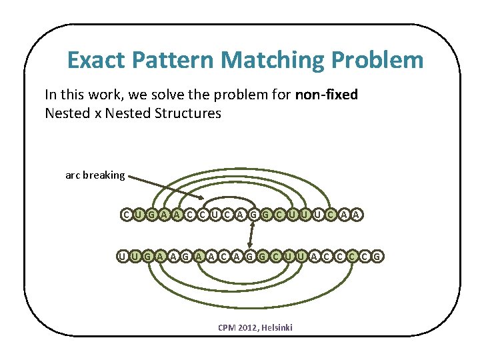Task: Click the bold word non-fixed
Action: (x=326, y=95)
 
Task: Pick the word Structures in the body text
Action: (x=187, y=113)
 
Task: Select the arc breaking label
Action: (x=95, y=175)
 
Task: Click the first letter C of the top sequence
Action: (x=126, y=214)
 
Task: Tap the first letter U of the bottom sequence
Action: (x=122, y=255)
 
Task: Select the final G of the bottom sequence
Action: (x=377, y=255)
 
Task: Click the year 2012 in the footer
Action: (x=250, y=327)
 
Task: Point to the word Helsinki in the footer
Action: (x=279, y=327)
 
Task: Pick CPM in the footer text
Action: (x=227, y=327)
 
